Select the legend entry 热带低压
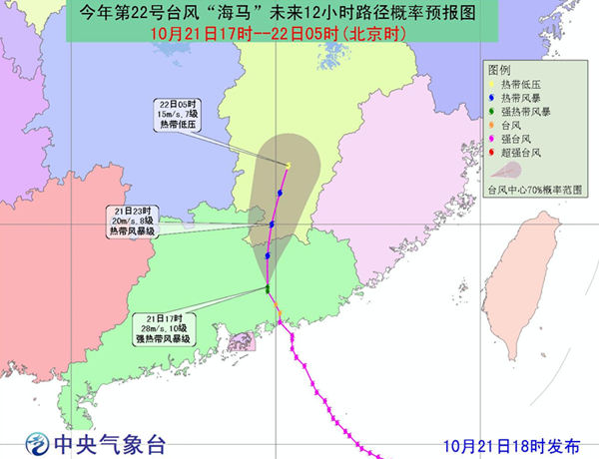pyautogui.click(x=519, y=86)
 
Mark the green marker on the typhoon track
pyautogui.click(x=268, y=289)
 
